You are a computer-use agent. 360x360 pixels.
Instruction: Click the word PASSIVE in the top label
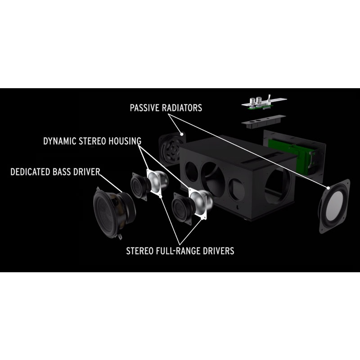(x=145, y=108)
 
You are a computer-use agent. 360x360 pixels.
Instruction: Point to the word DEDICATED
(x=32, y=171)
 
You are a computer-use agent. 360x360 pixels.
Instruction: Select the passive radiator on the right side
(x=334, y=206)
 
